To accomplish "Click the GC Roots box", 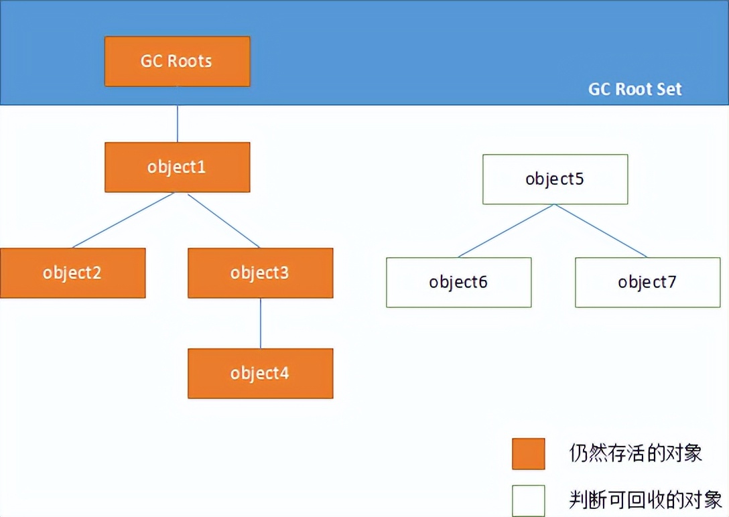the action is pos(177,62).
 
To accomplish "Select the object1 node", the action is pos(177,167).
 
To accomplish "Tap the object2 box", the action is pos(72,273).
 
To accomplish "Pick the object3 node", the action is pos(261,273).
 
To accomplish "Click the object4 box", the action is pos(261,374).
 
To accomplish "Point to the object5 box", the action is pos(555,179).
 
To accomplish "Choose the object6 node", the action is pos(458,283).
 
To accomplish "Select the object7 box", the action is pos(648,283).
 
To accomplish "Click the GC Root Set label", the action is pos(635,88).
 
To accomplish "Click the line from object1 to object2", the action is pos(123,220).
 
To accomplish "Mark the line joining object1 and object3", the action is pos(224,220).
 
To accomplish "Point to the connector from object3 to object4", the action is pos(261,323).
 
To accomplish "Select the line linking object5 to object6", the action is pos(507,231).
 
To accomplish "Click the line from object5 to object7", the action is pos(600,231).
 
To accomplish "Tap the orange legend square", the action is pos(528,453).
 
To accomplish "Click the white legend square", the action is pos(528,501).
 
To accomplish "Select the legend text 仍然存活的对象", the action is pos(636,453).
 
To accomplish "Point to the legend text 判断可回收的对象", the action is pos(645,500).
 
